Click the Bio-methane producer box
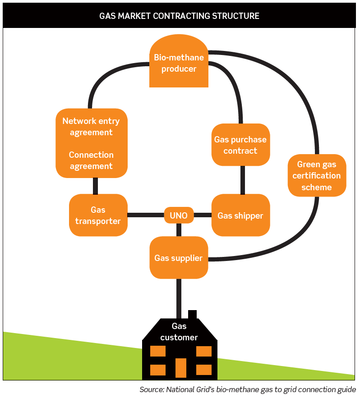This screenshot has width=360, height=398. (x=179, y=63)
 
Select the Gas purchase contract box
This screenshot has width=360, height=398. (x=240, y=145)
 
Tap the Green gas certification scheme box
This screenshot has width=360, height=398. (x=317, y=176)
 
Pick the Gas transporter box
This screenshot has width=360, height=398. (x=98, y=215)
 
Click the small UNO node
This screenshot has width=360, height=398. (x=179, y=215)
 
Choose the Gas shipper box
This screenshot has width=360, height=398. (x=240, y=215)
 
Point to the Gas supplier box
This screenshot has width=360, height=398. (x=179, y=258)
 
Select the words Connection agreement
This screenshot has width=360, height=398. (x=91, y=160)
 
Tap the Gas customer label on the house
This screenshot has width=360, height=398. (x=179, y=332)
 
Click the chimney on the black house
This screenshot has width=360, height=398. (x=192, y=315)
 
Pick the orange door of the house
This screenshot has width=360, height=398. (x=180, y=367)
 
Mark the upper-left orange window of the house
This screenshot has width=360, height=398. (x=157, y=351)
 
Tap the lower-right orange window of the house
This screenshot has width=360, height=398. (x=204, y=370)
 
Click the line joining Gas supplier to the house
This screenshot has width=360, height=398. (x=179, y=297)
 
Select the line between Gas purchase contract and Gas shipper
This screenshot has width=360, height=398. (x=243, y=180)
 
